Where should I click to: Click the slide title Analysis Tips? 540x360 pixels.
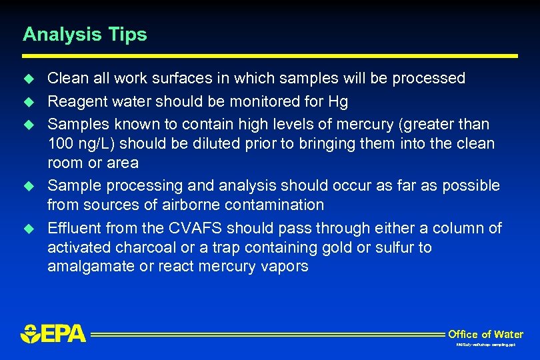[85, 35]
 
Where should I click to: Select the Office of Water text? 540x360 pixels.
[485, 334]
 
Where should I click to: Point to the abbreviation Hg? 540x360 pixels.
[338, 102]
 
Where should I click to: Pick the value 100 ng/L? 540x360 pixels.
[75, 143]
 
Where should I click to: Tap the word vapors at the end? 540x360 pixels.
[286, 267]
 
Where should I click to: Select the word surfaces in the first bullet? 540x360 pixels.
[167, 79]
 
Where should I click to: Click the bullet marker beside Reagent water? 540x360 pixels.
[28, 102]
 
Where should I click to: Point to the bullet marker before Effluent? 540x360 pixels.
[28, 228]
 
